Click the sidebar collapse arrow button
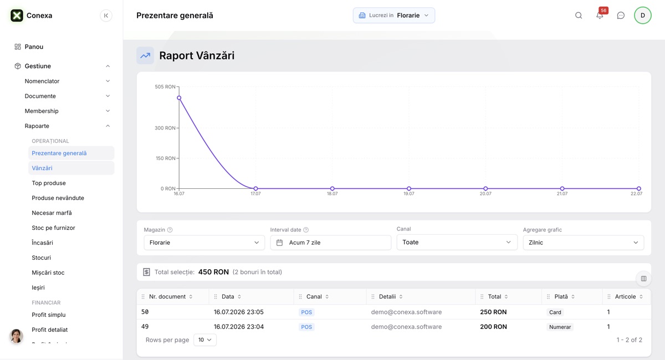pos(106,16)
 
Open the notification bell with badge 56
pos(600,15)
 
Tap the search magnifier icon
pos(579,16)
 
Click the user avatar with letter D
pos(642,16)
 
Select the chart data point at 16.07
pos(179,97)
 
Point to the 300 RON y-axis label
pos(165,128)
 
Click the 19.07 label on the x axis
pos(409,193)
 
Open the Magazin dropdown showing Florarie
pos(204,243)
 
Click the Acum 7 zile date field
pos(330,243)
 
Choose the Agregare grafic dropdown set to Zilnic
pos(584,243)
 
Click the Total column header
pos(494,296)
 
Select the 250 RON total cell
pos(493,312)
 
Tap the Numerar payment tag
pos(560,327)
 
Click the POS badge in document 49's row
pos(306,327)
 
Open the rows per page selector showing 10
pos(205,340)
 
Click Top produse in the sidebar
pos(49,183)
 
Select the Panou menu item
pos(34,47)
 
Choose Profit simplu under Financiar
pos(49,315)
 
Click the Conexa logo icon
pos(17,16)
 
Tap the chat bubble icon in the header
pos(621,16)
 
